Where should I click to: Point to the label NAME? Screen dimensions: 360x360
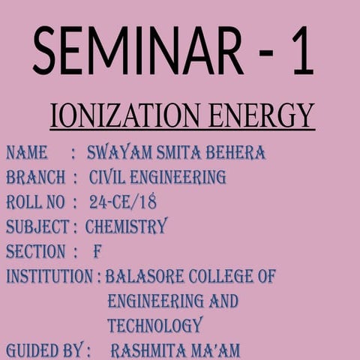27,154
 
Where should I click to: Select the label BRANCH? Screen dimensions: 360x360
34,178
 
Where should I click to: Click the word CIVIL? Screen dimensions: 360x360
108,178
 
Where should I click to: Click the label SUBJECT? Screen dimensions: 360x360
37,227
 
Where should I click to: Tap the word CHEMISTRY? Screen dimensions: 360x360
126,226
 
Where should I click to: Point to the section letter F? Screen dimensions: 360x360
97,251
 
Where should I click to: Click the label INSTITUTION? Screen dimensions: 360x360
49,276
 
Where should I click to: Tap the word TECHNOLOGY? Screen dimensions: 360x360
154,325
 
